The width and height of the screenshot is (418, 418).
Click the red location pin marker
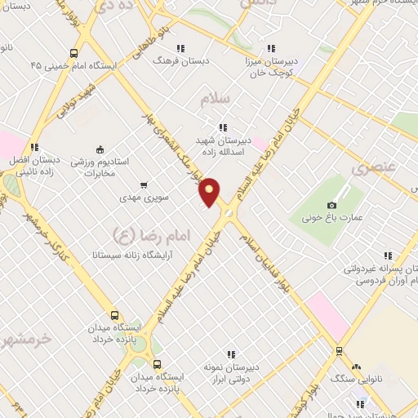[x=210, y=191]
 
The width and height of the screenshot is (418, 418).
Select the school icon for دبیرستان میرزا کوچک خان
[x=271, y=48]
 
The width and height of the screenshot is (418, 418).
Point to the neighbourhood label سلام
[x=217, y=99]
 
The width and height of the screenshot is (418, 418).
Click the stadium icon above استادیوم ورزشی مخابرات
[x=100, y=149]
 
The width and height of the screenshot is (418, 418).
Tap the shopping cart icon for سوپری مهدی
[x=145, y=185]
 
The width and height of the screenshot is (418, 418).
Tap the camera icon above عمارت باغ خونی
[x=331, y=205]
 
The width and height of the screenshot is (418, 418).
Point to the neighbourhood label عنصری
[x=373, y=170]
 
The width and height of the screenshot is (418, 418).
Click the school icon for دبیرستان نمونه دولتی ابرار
[x=231, y=354]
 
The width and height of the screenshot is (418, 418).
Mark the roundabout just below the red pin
[x=228, y=214]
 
